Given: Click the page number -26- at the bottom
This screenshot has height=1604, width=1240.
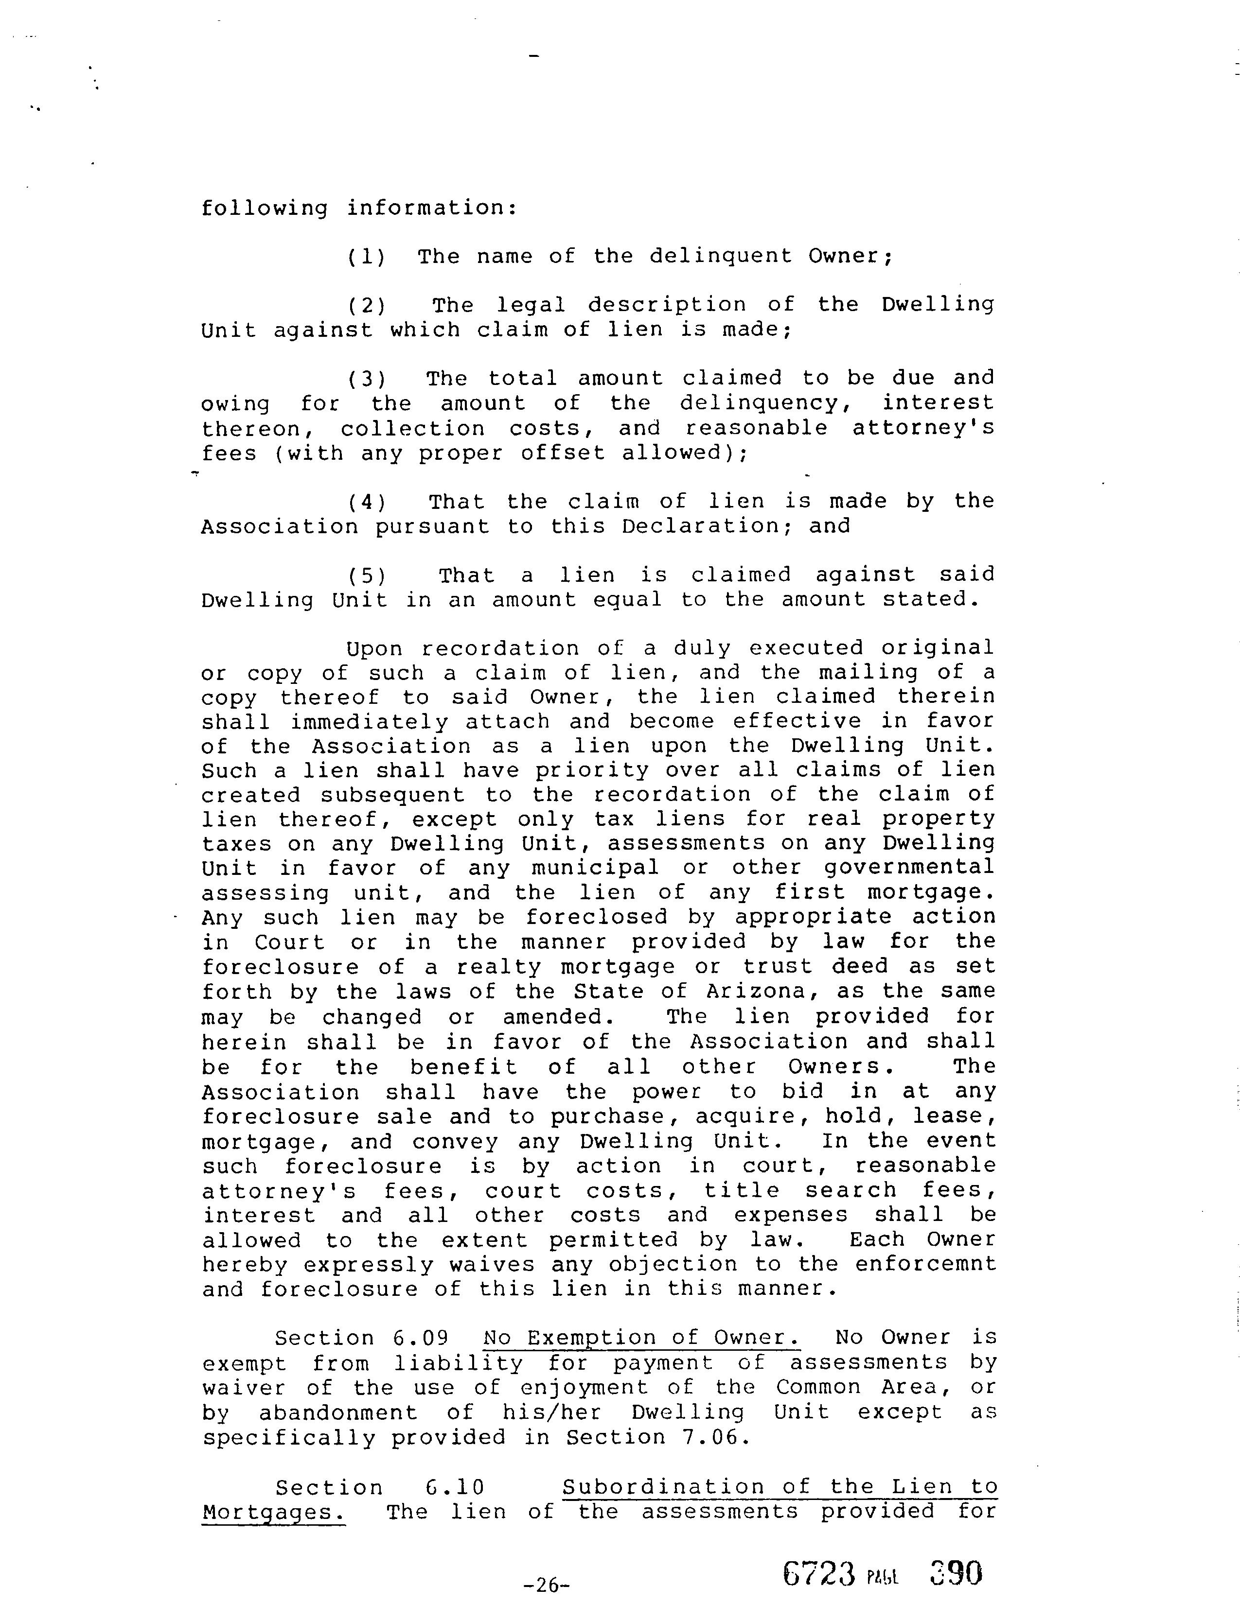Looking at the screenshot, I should tap(546, 1585).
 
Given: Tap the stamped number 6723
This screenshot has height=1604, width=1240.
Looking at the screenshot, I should tap(820, 1573).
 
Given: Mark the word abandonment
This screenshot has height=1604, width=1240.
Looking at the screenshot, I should tap(338, 1412).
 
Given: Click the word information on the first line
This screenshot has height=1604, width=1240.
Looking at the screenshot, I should tap(431, 208).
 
